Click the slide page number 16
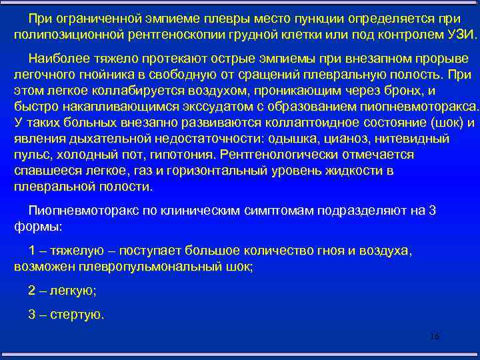(435, 336)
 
